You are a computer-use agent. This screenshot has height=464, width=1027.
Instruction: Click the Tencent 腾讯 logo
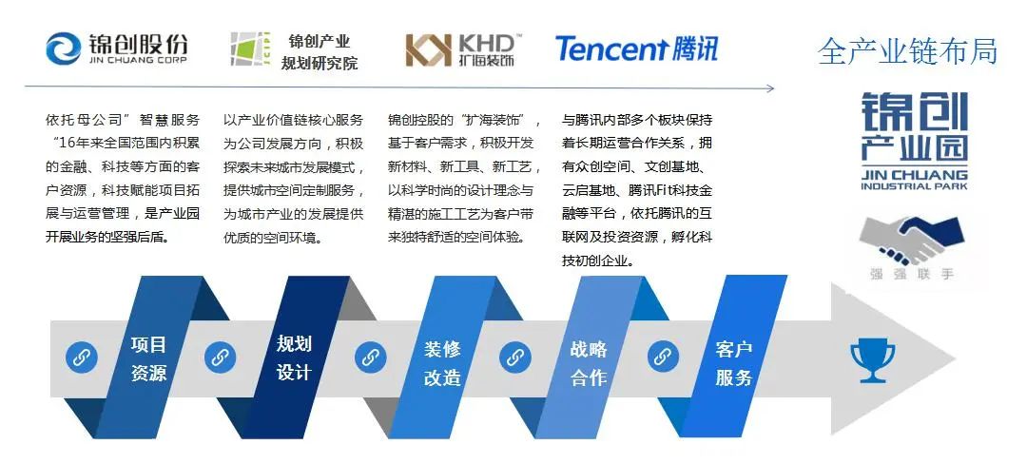pyautogui.click(x=636, y=48)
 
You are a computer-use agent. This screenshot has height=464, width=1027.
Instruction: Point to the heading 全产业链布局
pyautogui.click(x=907, y=51)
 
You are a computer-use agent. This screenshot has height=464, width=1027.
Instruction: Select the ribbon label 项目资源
pyautogui.click(x=148, y=358)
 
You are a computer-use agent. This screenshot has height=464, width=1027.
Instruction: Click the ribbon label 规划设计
pyautogui.click(x=293, y=358)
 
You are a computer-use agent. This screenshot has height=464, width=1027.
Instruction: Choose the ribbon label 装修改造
pyautogui.click(x=442, y=362)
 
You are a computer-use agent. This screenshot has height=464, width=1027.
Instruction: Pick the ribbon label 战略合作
pyautogui.click(x=589, y=362)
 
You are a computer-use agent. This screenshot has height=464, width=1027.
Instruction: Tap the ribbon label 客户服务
pyautogui.click(x=733, y=362)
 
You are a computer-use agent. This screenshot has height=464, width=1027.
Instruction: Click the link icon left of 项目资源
pyautogui.click(x=82, y=358)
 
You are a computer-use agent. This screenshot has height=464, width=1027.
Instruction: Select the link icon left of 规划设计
pyautogui.click(x=221, y=358)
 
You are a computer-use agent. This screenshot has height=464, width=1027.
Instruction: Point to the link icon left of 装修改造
pyautogui.click(x=370, y=358)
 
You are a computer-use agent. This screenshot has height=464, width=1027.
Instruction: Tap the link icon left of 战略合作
pyautogui.click(x=515, y=358)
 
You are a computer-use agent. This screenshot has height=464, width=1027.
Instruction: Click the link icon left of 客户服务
pyautogui.click(x=663, y=358)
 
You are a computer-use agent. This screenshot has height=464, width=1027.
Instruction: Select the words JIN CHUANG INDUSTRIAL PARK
pyautogui.click(x=913, y=180)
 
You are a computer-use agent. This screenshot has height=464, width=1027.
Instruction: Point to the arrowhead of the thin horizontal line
pyautogui.click(x=772, y=88)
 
